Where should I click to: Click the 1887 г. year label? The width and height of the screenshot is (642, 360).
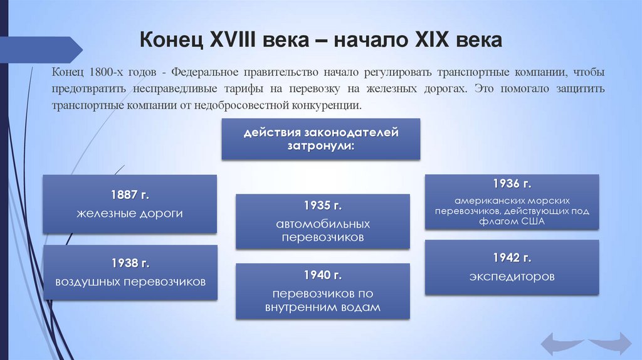pyautogui.click(x=130, y=194)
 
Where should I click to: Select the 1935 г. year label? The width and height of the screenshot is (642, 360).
pyautogui.click(x=322, y=206)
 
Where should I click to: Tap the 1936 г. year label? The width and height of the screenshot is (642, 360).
pyautogui.click(x=512, y=184)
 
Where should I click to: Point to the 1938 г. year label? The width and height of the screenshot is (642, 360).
pyautogui.click(x=130, y=262)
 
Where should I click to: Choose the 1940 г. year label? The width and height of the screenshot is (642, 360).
pyautogui.click(x=322, y=275)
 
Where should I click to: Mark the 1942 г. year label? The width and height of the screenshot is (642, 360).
pyautogui.click(x=512, y=257)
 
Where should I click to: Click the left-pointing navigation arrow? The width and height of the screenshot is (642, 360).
pyautogui.click(x=562, y=343)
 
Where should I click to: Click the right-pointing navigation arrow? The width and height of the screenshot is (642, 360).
pyautogui.click(x=611, y=343)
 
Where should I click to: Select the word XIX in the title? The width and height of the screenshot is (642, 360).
pyautogui.click(x=433, y=41)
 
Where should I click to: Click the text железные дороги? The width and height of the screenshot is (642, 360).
pyautogui.click(x=130, y=214)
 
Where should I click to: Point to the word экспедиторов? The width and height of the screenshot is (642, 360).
pyautogui.click(x=512, y=276)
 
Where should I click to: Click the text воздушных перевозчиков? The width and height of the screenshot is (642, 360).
pyautogui.click(x=130, y=282)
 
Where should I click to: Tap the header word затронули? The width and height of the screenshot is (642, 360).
pyautogui.click(x=322, y=146)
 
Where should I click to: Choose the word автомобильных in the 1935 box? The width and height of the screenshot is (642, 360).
pyautogui.click(x=323, y=225)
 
